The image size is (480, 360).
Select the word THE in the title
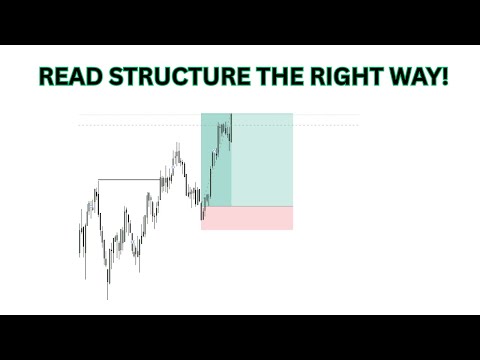coord(264,77)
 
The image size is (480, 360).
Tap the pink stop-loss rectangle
coord(247,218)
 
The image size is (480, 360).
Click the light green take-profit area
coord(262,160)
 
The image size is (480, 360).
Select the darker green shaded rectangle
coord(215,160)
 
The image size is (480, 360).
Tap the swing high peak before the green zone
coord(177,148)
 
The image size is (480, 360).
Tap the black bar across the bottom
coord(240,337)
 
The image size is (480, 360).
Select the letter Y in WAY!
coord(427,77)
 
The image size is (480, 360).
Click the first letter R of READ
coord(44,77)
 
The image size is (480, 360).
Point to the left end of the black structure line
coord(98,179)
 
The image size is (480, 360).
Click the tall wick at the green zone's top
coord(231,118)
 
